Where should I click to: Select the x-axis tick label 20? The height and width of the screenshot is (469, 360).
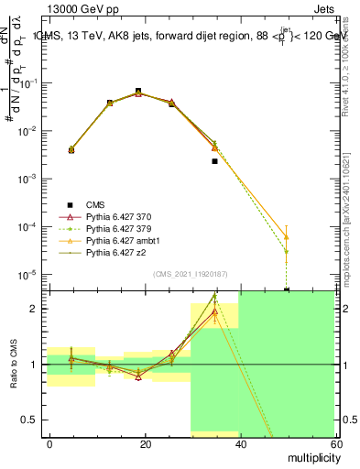coord(146,442)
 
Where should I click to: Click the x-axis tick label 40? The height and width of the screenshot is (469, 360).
coord(240,442)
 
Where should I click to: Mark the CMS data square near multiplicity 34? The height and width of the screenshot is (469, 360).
coord(214,161)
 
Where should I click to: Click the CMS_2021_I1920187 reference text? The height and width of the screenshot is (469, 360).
coord(191,274)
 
